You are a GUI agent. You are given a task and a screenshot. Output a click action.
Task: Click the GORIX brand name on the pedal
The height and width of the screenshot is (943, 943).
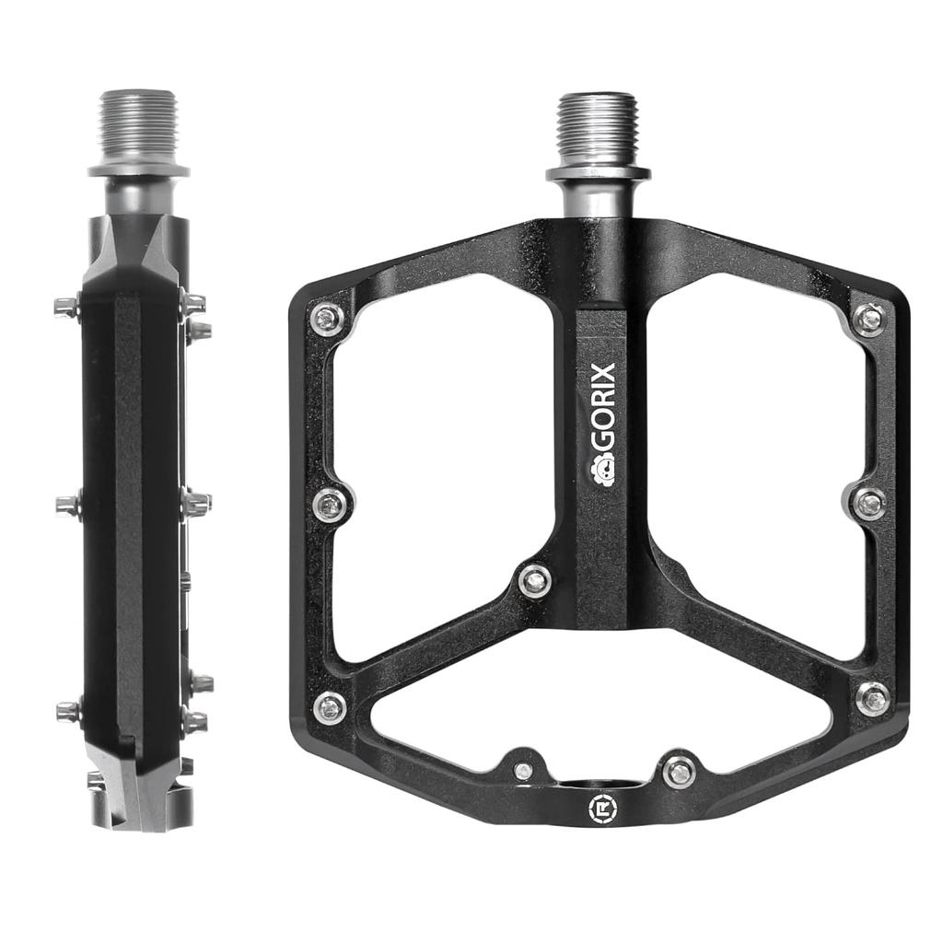click(x=604, y=409)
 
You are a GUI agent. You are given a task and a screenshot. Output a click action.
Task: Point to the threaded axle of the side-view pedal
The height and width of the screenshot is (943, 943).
click(x=139, y=124)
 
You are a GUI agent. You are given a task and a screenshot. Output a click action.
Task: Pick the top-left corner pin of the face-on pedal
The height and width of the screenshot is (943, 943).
click(x=327, y=319)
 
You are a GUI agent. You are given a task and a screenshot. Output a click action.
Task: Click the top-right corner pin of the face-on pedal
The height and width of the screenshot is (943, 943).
click(x=868, y=319)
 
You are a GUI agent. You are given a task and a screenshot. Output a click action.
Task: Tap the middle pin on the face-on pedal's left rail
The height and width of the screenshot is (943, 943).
click(x=330, y=503)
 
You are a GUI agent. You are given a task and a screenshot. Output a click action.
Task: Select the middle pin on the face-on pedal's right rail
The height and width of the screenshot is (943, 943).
click(x=867, y=503)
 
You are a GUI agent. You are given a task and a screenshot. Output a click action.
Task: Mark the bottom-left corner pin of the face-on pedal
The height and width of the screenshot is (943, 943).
click(x=329, y=707)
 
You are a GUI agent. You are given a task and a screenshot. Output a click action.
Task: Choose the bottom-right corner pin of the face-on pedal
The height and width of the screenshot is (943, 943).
click(x=872, y=698)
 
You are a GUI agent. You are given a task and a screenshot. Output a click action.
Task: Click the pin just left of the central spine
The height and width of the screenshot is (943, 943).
click(x=534, y=580)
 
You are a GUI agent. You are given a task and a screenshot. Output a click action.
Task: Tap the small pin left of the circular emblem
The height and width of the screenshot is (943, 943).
click(x=523, y=771)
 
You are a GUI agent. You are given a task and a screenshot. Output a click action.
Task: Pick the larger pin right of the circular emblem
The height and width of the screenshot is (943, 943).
click(x=679, y=771)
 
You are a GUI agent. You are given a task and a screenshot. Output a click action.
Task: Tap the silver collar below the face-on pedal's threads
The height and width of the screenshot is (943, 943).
click(x=598, y=173)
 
